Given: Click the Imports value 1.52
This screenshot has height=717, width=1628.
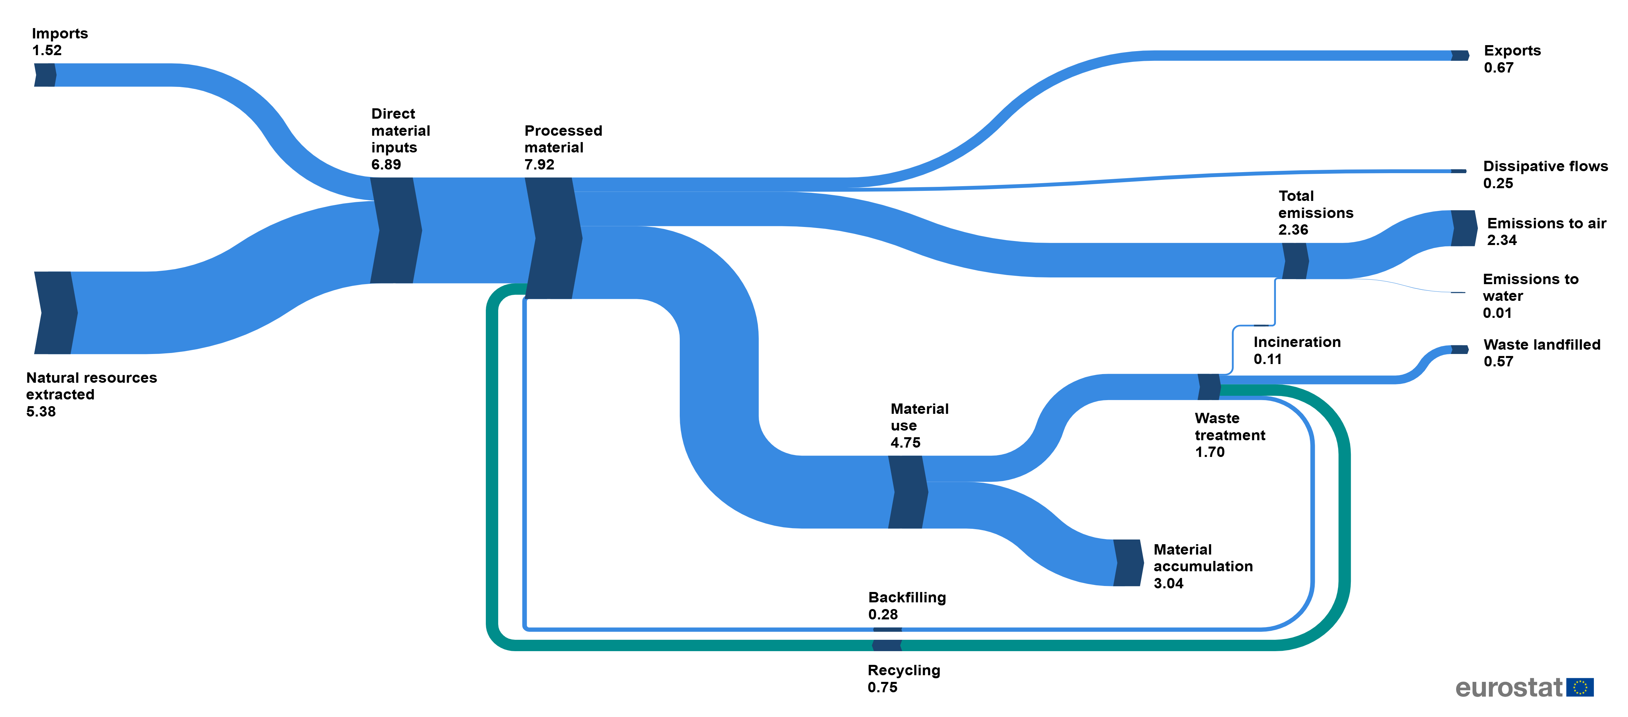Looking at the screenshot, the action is tap(47, 50).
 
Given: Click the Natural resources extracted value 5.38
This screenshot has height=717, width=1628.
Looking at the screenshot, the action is tap(41, 412).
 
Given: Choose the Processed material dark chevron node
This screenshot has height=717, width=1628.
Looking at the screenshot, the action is tap(553, 238).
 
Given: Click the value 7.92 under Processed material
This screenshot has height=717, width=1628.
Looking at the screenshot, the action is tap(539, 165).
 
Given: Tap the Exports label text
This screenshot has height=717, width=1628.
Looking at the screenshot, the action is tap(1512, 50).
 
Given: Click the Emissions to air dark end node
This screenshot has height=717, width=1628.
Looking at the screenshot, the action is tap(1464, 228).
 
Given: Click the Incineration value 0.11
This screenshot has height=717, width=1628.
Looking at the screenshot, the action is tap(1268, 359).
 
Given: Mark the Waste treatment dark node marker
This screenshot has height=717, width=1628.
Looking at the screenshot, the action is tap(1209, 387).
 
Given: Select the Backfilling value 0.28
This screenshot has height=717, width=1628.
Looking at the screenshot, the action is tap(883, 615).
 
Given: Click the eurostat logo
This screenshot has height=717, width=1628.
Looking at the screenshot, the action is tap(1524, 687).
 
